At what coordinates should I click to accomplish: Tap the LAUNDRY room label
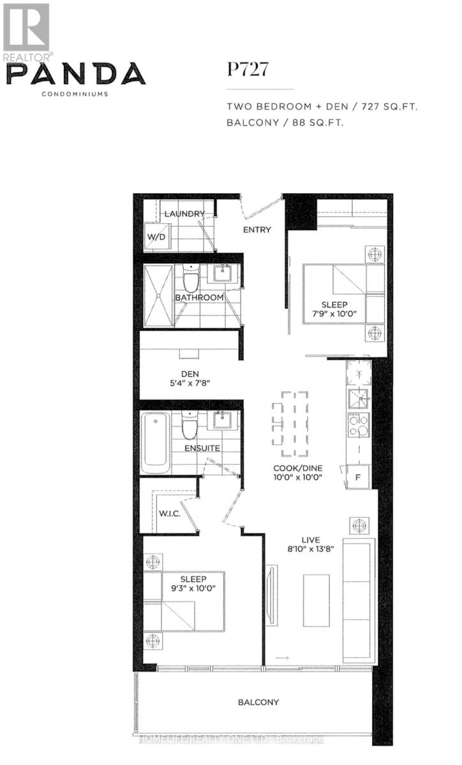pos(184,214)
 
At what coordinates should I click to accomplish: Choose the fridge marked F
pos(357,477)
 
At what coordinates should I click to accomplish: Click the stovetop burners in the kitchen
pos(358,425)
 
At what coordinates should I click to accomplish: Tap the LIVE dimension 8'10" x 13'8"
pos(311,551)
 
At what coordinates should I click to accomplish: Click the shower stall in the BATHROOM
pos(158,295)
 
